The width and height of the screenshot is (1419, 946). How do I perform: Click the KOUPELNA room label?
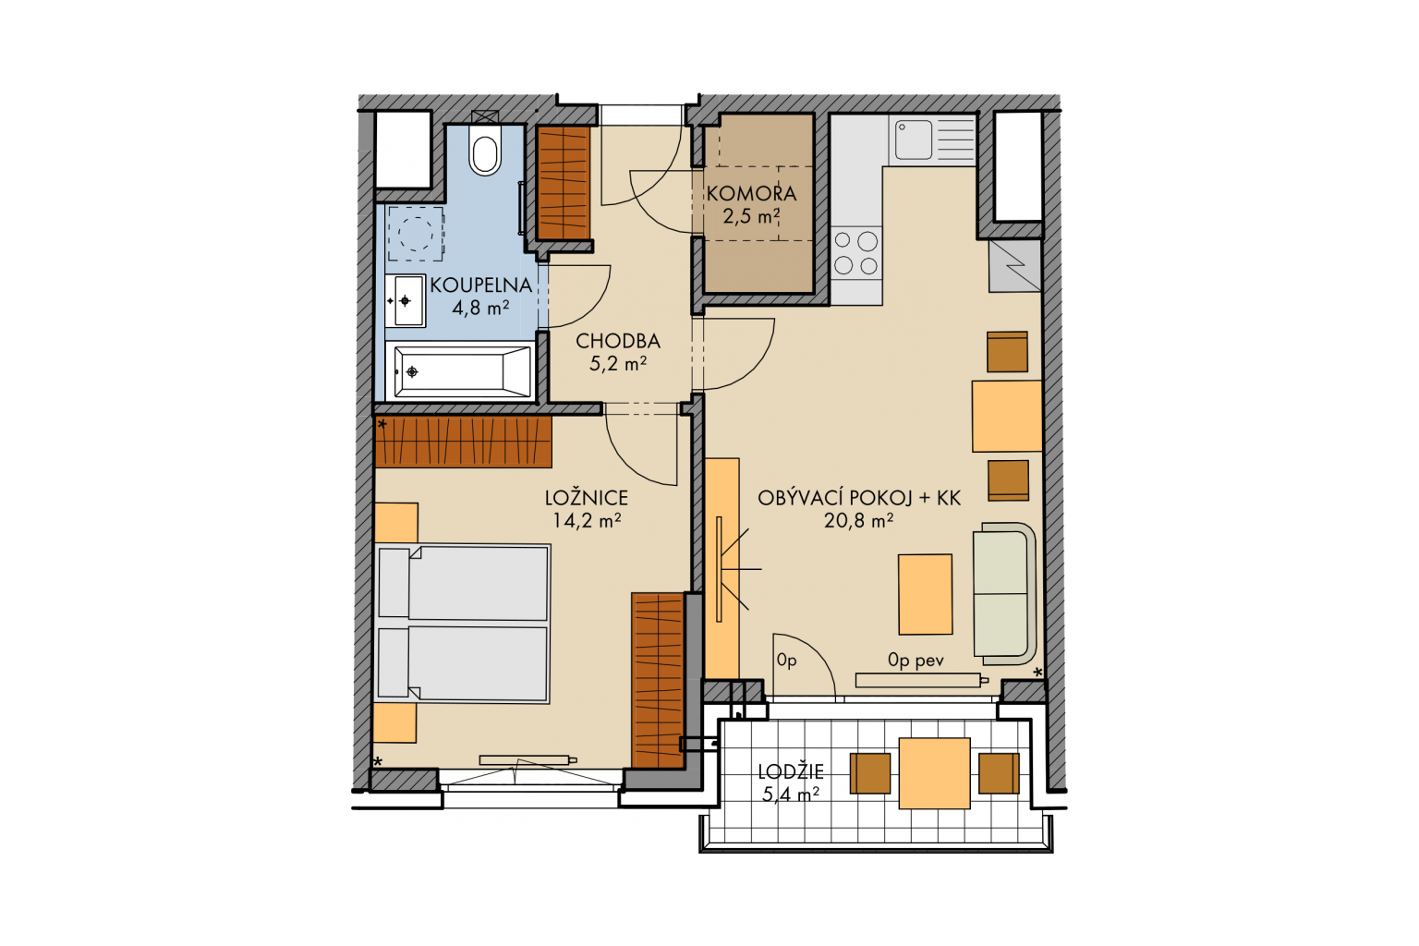(x=480, y=285)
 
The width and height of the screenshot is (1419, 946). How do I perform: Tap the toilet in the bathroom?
(x=485, y=151)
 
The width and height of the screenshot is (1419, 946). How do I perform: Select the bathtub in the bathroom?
(x=461, y=372)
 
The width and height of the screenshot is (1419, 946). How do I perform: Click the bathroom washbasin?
(x=405, y=300)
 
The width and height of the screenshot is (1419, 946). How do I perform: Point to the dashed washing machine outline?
(x=416, y=233)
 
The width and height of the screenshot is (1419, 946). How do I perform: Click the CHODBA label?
(x=618, y=342)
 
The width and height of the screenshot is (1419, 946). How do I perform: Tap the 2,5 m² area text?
(x=751, y=217)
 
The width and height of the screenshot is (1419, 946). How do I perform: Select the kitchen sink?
(x=932, y=140)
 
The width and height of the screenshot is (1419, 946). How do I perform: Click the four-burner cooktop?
(x=856, y=253)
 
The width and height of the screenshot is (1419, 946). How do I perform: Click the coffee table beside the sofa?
(x=925, y=594)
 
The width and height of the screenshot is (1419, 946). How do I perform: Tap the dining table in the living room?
(x=1007, y=416)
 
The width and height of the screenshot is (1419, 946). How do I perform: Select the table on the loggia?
(x=934, y=773)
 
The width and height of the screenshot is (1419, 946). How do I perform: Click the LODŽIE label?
(x=791, y=771)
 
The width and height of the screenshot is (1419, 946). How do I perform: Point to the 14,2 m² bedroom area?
(x=587, y=521)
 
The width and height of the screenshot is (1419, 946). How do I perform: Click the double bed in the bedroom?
(x=463, y=624)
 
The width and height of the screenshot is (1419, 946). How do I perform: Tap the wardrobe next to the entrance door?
(x=564, y=183)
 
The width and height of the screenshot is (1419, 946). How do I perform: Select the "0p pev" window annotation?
(x=916, y=661)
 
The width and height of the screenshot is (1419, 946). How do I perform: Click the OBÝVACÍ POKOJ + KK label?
(x=859, y=498)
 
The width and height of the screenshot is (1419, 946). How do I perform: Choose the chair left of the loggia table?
(x=869, y=773)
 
